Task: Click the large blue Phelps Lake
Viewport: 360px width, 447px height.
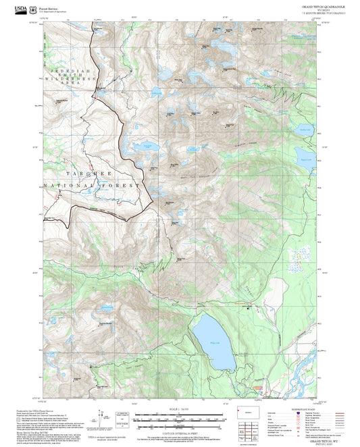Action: [x=212, y=335]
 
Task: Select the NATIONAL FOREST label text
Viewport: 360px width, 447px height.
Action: [x=91, y=185]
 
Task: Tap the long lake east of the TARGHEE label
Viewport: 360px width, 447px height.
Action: [x=145, y=147]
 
